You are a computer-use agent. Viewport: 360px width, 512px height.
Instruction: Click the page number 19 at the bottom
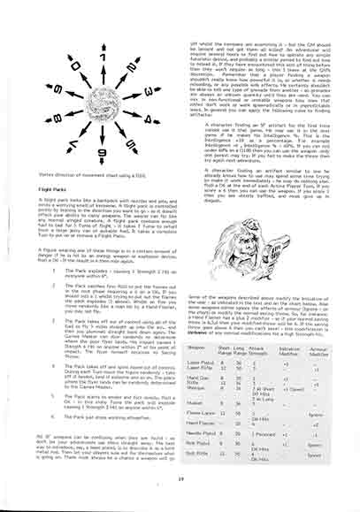[x=180, y=504]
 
